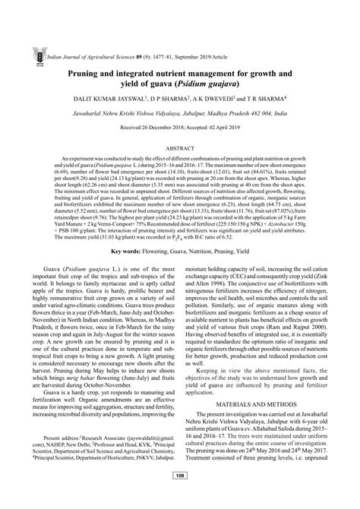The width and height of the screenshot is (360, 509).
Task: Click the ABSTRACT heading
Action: (x=180, y=149)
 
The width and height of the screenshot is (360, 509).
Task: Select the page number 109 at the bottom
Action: (x=180, y=497)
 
